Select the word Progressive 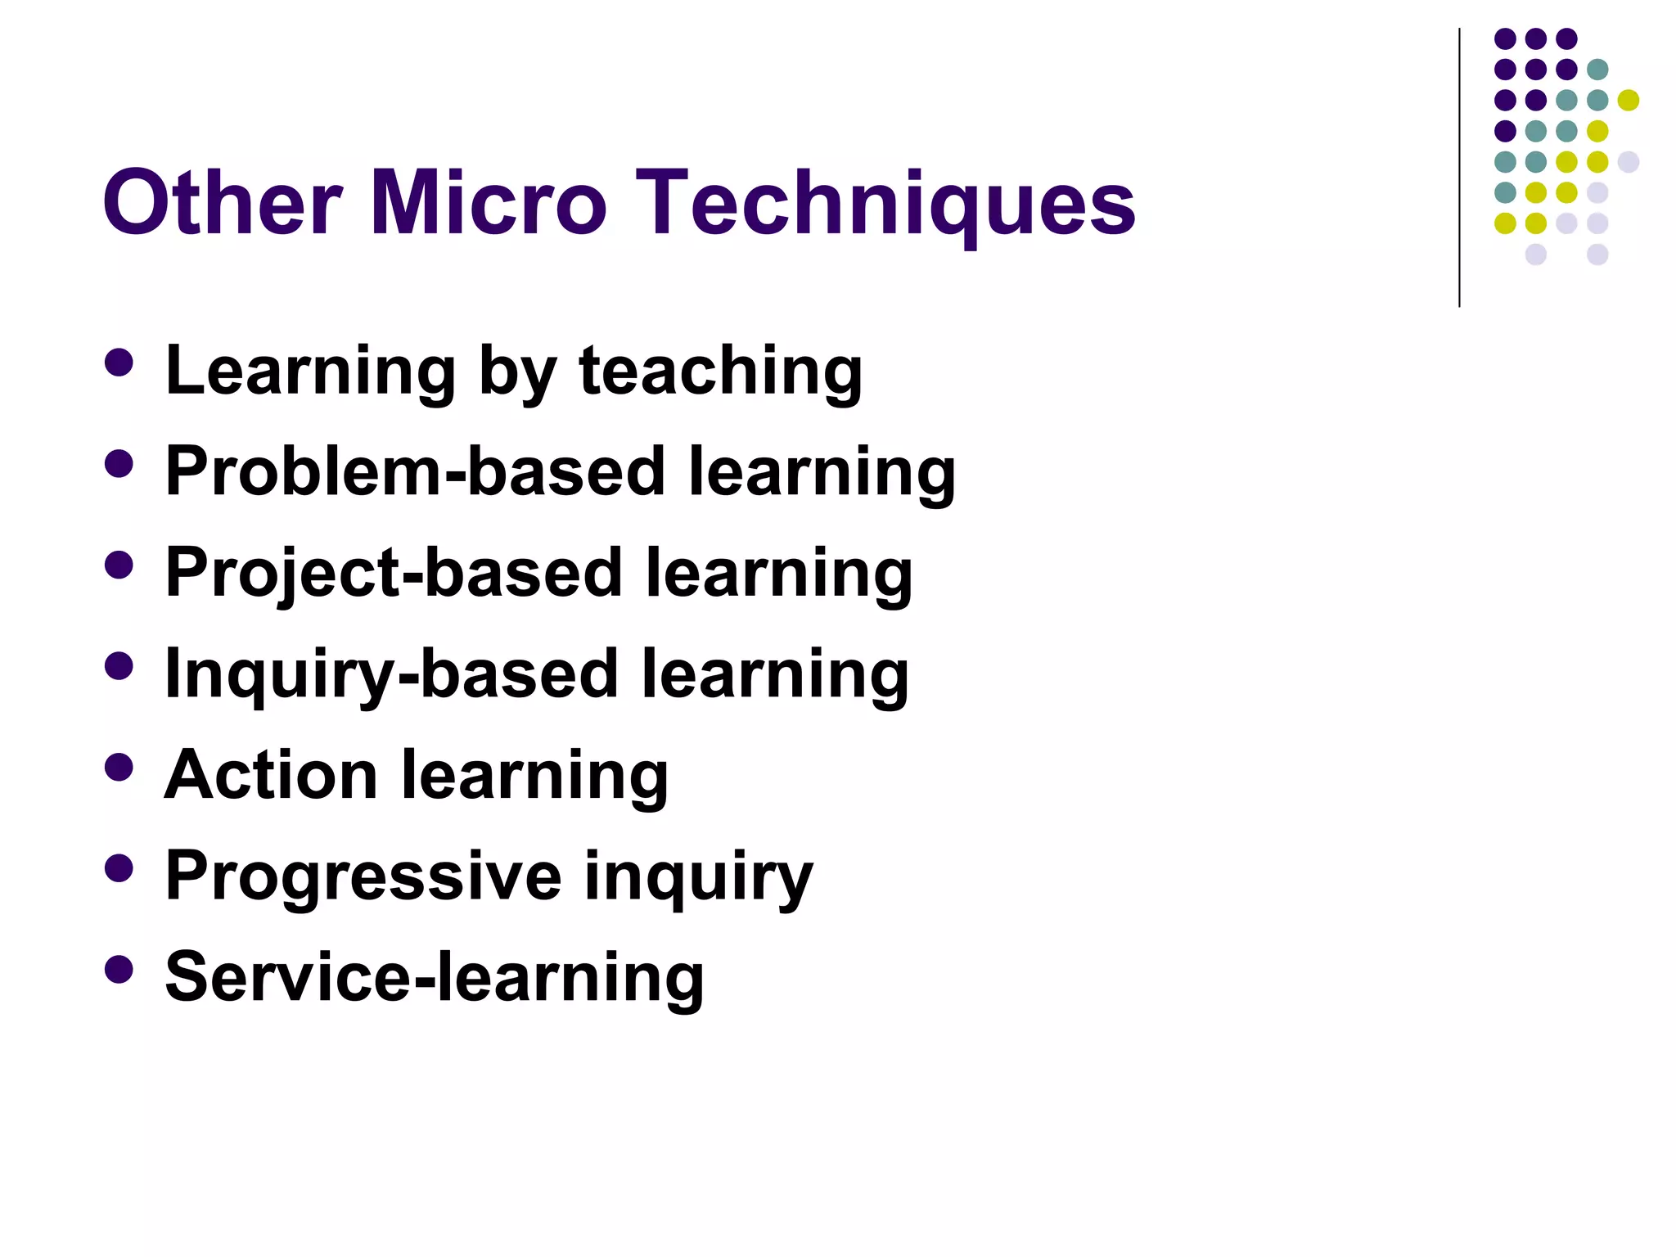(x=363, y=876)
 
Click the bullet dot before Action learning (x=119, y=767)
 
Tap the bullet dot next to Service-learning (x=119, y=969)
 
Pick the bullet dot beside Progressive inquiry (x=119, y=868)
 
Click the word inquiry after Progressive (x=698, y=877)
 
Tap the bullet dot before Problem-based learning (x=119, y=464)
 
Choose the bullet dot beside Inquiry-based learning (x=119, y=666)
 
